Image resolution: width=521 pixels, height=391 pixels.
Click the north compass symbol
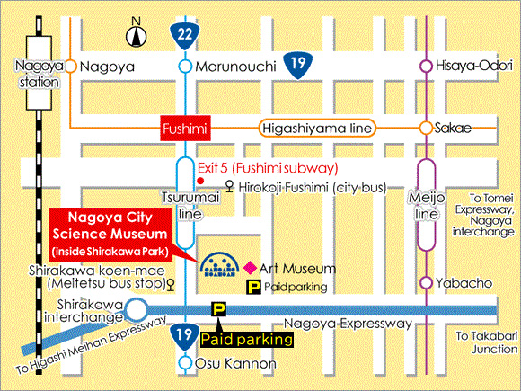[136, 36]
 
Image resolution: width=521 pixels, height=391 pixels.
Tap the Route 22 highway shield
[184, 34]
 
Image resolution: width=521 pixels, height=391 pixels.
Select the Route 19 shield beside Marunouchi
[298, 63]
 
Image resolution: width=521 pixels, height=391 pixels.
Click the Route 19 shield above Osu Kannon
[184, 335]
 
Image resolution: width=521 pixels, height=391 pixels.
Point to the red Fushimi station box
[185, 129]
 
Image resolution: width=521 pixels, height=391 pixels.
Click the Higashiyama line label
[317, 129]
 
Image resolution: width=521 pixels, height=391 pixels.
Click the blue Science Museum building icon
[220, 264]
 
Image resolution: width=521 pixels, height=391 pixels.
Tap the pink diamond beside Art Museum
[250, 268]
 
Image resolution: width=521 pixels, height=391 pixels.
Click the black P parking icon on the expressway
[217, 309]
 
